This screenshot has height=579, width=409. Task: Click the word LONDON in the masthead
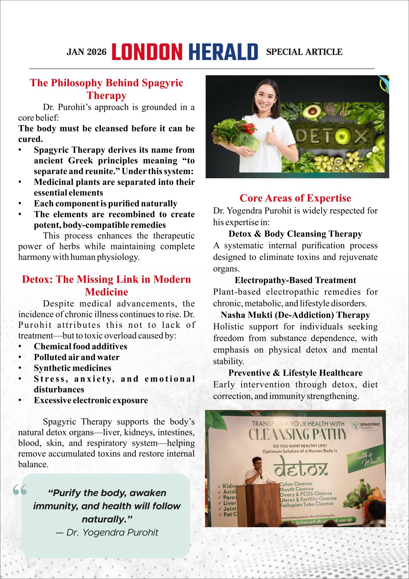147,52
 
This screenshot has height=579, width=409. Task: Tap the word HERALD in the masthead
223,52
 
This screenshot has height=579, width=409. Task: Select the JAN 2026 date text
87,52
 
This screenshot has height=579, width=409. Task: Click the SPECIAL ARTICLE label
304,52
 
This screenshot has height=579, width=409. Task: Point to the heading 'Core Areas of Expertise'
295,198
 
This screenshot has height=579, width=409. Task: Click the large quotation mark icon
20,490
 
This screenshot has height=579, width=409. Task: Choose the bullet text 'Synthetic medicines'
73,368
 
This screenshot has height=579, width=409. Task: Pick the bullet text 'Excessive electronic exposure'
91,400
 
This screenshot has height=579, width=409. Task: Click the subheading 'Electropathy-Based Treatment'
295,280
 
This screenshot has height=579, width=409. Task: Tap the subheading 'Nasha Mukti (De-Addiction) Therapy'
295,315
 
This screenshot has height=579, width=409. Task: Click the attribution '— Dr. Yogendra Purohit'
107,532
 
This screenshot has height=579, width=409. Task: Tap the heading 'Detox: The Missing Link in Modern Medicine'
106,286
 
